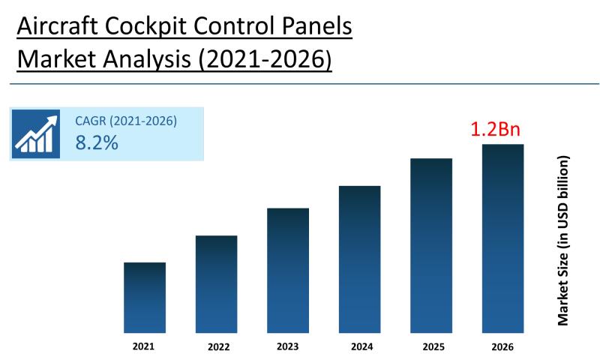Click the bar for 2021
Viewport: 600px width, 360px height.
coord(144,298)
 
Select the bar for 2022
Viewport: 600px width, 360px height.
coord(216,284)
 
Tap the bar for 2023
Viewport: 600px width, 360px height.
coord(288,271)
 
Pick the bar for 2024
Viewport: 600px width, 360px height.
coord(359,259)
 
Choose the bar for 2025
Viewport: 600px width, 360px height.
coord(431,246)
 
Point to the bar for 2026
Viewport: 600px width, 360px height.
coord(502,238)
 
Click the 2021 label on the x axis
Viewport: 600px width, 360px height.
coord(144,346)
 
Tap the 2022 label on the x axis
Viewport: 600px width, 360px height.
coord(217,347)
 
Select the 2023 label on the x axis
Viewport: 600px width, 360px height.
coord(288,346)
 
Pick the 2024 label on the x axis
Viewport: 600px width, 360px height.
coord(360,346)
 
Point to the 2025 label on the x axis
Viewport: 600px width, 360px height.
coord(431,346)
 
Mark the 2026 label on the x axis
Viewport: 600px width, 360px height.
coord(502,346)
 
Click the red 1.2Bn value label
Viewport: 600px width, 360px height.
coord(495,129)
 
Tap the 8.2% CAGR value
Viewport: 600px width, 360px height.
coord(97,142)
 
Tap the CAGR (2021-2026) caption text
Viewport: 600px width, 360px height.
coord(126,121)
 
